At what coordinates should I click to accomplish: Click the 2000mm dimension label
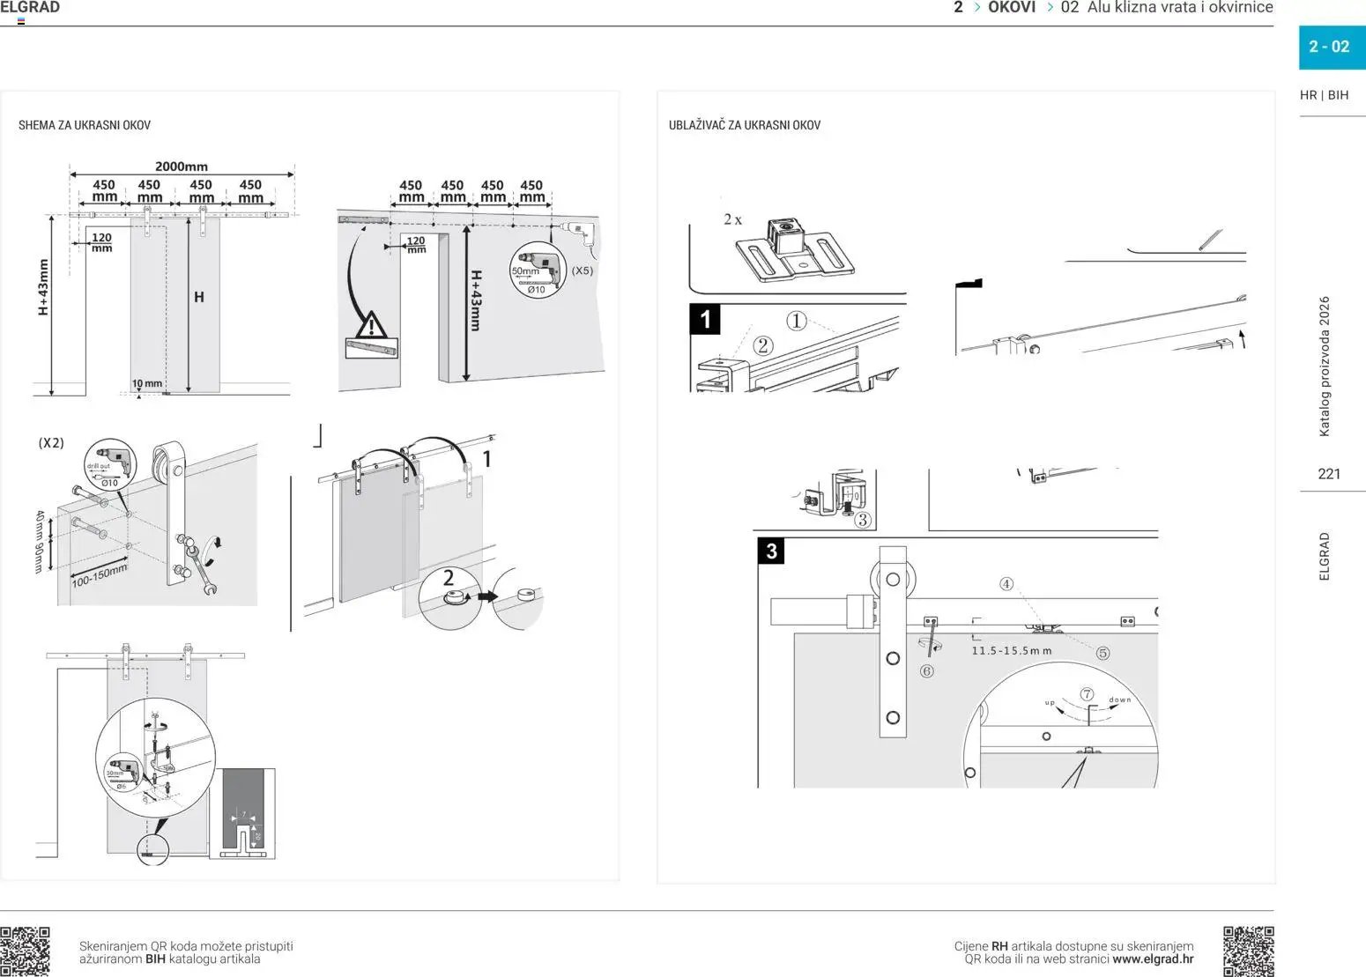pyautogui.click(x=182, y=166)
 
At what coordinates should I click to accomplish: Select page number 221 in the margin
pyautogui.click(x=1329, y=474)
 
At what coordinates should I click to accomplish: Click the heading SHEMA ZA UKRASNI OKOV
pyautogui.click(x=85, y=125)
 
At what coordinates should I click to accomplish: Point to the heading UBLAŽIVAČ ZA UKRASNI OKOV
pyautogui.click(x=745, y=125)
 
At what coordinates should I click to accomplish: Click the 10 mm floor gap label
pyautogui.click(x=147, y=383)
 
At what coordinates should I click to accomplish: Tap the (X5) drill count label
pyautogui.click(x=583, y=270)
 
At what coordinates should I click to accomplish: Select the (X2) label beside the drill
pyautogui.click(x=51, y=443)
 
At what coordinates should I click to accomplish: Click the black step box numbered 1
pyautogui.click(x=705, y=319)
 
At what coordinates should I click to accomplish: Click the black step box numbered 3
pyautogui.click(x=772, y=551)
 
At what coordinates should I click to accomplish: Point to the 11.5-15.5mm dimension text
pyautogui.click(x=1012, y=651)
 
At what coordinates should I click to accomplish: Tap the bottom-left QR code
pyautogui.click(x=25, y=951)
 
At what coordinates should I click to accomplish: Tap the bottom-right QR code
pyautogui.click(x=1248, y=951)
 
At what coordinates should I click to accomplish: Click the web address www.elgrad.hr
pyautogui.click(x=1153, y=959)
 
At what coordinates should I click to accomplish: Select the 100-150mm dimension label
pyautogui.click(x=99, y=576)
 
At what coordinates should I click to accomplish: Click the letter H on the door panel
pyautogui.click(x=199, y=297)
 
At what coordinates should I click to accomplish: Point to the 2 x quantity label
pyautogui.click(x=732, y=219)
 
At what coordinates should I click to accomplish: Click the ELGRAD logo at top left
pyautogui.click(x=30, y=8)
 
